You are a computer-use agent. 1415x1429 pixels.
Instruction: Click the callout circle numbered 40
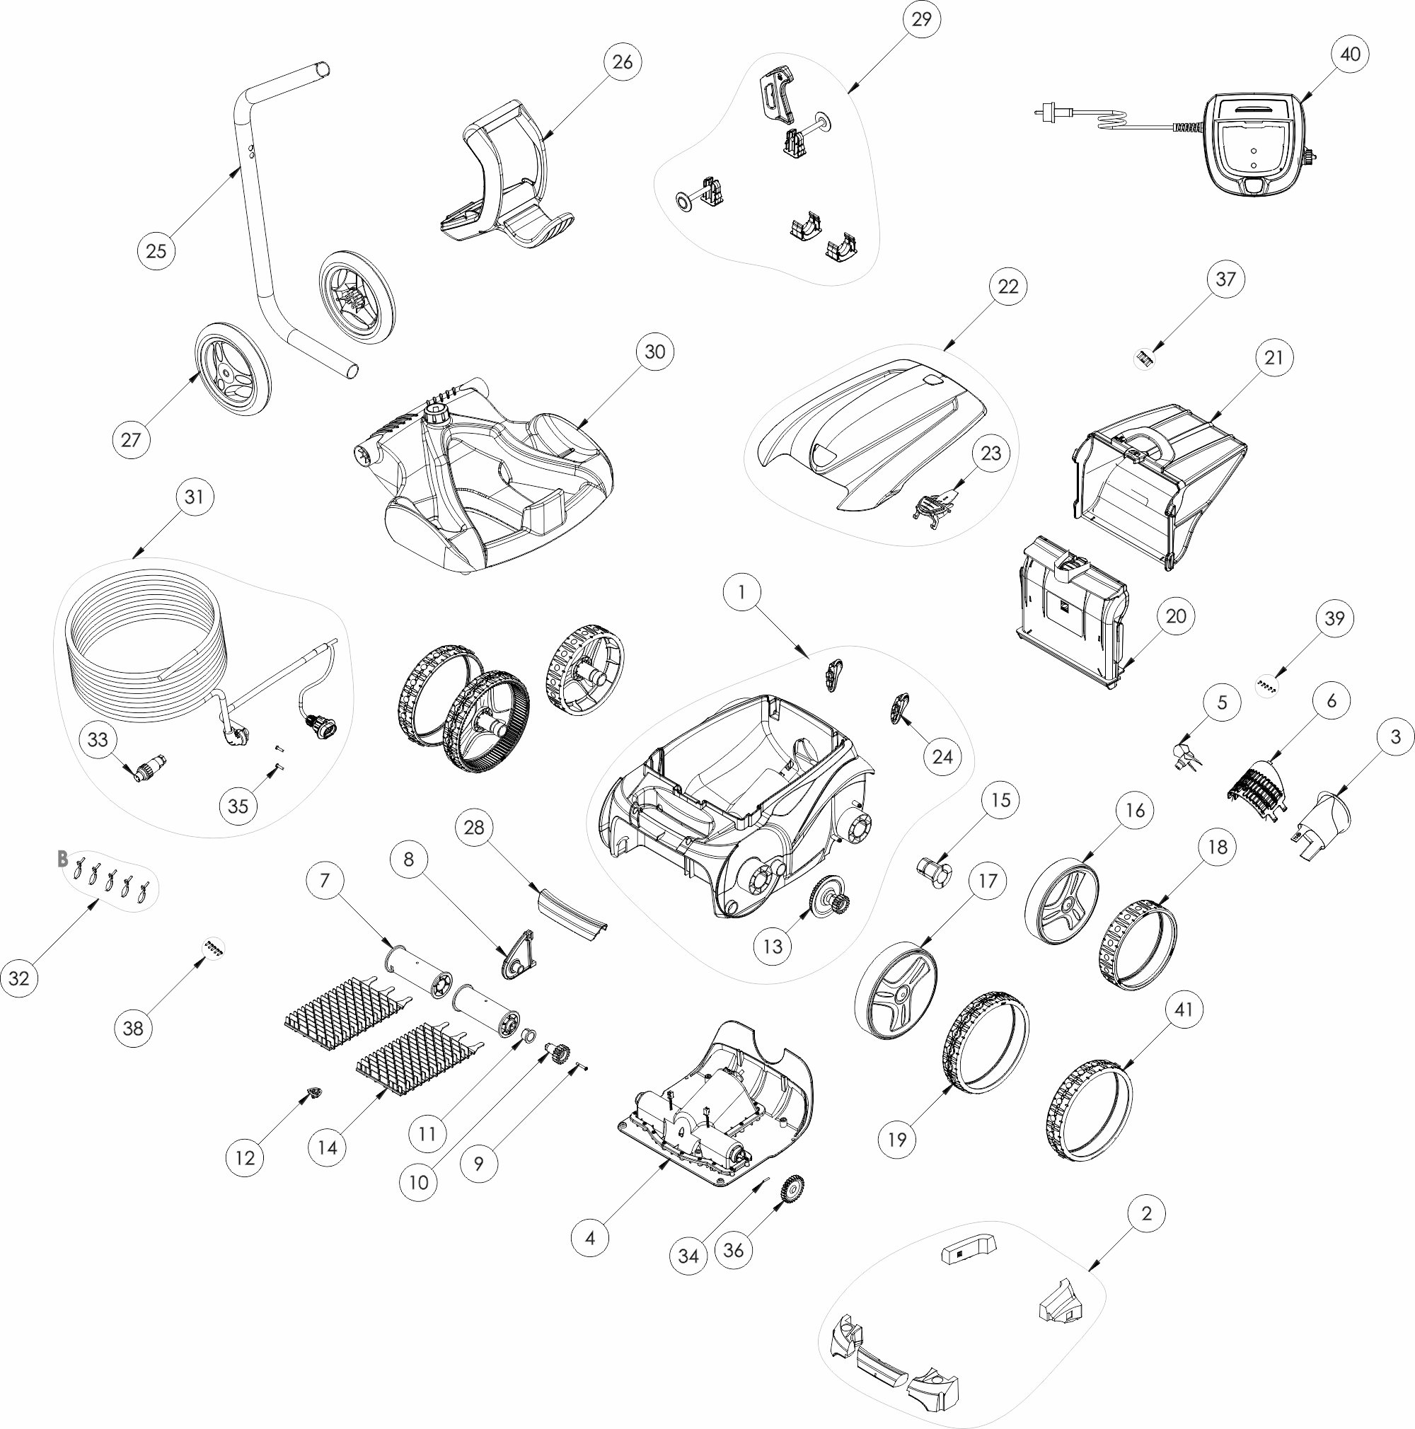[1350, 54]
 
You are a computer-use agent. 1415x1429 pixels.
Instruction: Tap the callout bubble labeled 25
[156, 250]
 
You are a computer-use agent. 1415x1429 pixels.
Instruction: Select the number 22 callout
[1008, 287]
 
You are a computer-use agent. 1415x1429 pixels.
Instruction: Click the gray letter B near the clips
[63, 859]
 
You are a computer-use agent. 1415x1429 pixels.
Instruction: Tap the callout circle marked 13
[772, 946]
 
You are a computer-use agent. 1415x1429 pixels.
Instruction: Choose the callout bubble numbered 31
[194, 497]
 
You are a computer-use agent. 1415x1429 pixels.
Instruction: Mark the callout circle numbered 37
[1225, 279]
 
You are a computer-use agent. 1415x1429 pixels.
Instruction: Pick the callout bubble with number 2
[1146, 1213]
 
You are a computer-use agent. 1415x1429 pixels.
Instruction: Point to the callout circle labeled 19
[896, 1140]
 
